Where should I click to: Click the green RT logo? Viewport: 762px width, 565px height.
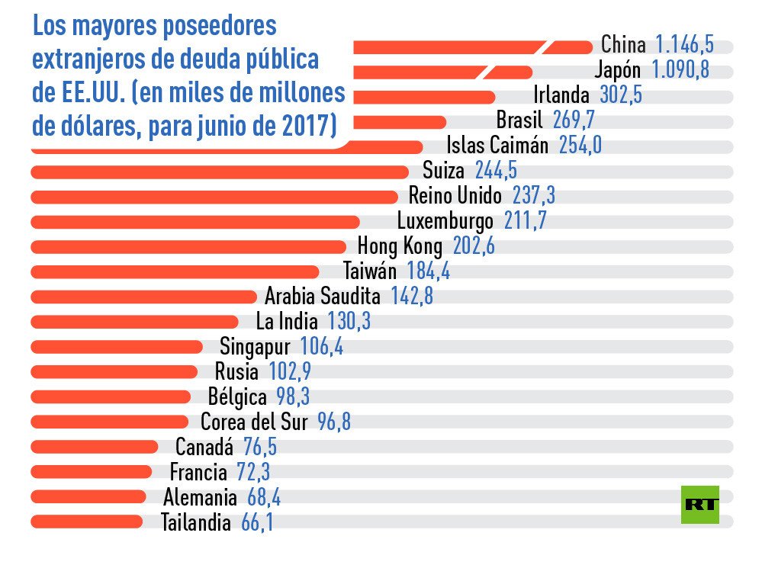coord(699,504)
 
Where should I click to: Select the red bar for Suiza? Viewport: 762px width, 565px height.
coord(221,172)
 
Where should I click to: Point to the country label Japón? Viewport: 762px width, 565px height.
coord(617,70)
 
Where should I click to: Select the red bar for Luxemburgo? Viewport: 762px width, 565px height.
coord(195,222)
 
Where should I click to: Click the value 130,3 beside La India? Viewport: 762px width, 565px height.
coord(349,322)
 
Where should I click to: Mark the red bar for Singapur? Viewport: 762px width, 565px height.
coord(117,347)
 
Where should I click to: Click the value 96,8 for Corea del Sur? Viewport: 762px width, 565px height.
coord(334,422)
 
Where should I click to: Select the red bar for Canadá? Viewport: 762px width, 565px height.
coord(94,447)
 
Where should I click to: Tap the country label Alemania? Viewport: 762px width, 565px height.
coord(200,497)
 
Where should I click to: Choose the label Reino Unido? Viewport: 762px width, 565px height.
coord(455,197)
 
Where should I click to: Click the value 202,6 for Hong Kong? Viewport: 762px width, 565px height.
coord(474,246)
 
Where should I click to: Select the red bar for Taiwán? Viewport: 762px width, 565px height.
coord(175,271)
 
